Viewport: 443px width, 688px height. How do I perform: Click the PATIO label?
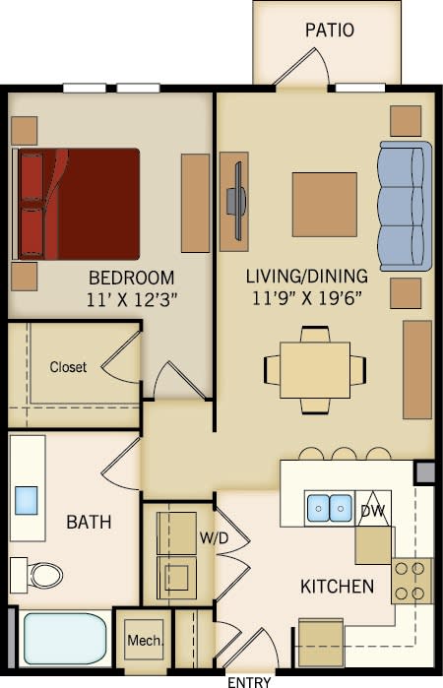tap(328, 30)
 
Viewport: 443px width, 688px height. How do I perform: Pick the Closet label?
tap(68, 367)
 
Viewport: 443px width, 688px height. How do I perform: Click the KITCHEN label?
tap(337, 587)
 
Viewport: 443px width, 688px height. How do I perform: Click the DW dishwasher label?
tap(372, 511)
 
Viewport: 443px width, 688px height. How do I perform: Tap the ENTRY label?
tap(249, 680)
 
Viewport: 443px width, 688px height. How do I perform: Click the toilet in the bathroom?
tap(38, 573)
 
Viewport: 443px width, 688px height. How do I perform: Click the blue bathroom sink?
tap(27, 500)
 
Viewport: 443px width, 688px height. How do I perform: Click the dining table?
tap(315, 370)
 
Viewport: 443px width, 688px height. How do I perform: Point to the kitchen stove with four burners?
tap(412, 581)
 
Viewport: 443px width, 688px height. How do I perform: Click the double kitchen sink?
tap(329, 507)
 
